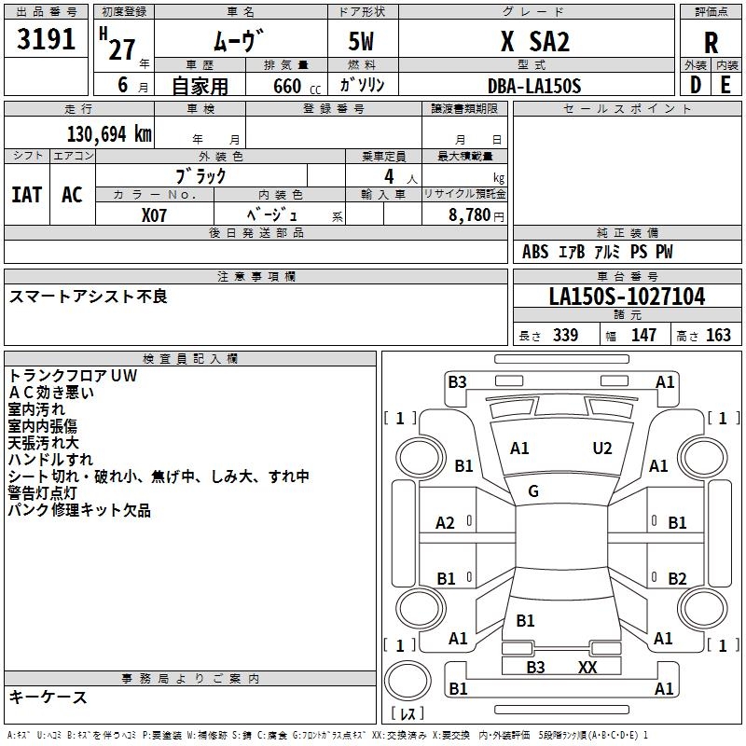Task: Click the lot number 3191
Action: click(x=47, y=39)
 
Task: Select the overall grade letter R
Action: click(x=711, y=42)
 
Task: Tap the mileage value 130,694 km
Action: click(x=108, y=134)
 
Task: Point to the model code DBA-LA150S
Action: click(x=534, y=86)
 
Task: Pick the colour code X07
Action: click(x=155, y=215)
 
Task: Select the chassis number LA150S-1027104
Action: click(x=627, y=297)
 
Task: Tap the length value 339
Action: click(x=564, y=336)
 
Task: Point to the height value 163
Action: click(x=717, y=336)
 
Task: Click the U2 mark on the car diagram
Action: click(x=602, y=449)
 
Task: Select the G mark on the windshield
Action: click(x=533, y=491)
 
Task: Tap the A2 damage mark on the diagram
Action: click(x=446, y=523)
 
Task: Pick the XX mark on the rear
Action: click(x=587, y=667)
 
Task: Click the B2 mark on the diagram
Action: click(x=677, y=578)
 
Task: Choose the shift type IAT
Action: click(x=26, y=195)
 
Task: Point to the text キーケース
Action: click(x=48, y=697)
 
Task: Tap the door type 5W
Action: click(x=363, y=41)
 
